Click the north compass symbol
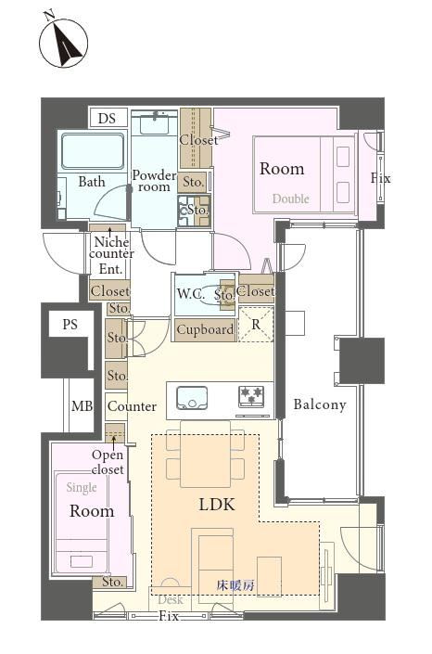[63, 42]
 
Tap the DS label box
[107, 118]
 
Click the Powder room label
[154, 181]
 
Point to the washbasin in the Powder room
[155, 124]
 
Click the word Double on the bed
[291, 199]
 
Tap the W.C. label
[191, 294]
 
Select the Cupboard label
[205, 329]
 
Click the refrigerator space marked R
[256, 324]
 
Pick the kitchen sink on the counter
[192, 398]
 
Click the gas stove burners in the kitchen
[252, 396]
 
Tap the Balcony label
[320, 404]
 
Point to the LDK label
[217, 505]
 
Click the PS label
[70, 324]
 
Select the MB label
[82, 405]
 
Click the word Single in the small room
[82, 487]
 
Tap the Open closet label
[108, 462]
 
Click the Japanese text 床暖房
[235, 585]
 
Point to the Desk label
[171, 600]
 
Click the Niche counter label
[111, 248]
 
